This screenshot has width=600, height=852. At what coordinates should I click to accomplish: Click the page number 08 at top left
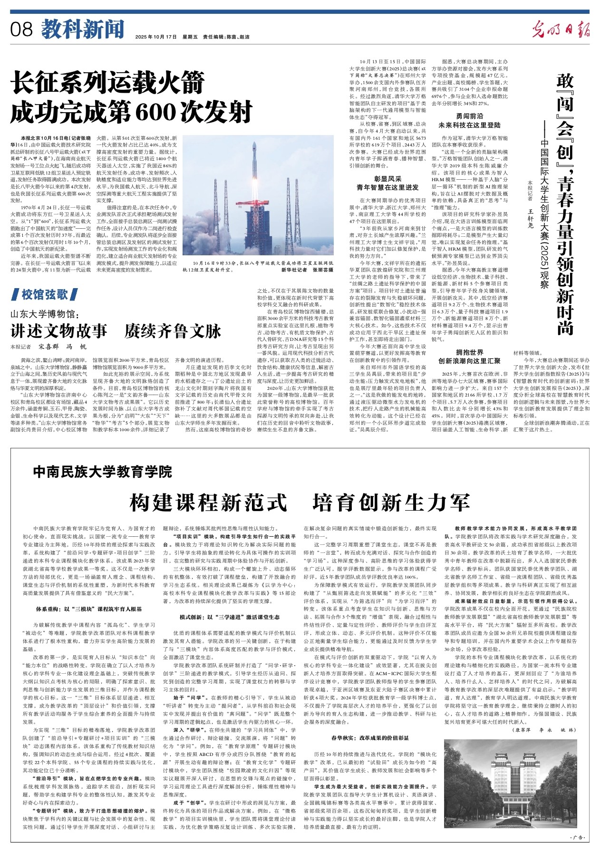[x=21, y=30]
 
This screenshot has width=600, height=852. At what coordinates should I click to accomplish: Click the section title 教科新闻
[x=82, y=29]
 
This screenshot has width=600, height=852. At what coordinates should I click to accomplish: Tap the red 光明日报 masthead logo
[x=561, y=29]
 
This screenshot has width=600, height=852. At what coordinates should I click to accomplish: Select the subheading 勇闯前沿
[x=469, y=116]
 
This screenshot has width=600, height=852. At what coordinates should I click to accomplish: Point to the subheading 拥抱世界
[x=469, y=352]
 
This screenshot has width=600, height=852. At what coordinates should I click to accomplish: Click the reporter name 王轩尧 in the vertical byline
[x=531, y=214]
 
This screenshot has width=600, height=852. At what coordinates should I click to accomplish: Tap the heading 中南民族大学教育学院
[x=103, y=472]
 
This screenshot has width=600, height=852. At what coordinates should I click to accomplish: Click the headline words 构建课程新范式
[x=209, y=502]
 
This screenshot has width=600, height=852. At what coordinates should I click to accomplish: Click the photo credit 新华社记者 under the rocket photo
[x=294, y=270]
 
